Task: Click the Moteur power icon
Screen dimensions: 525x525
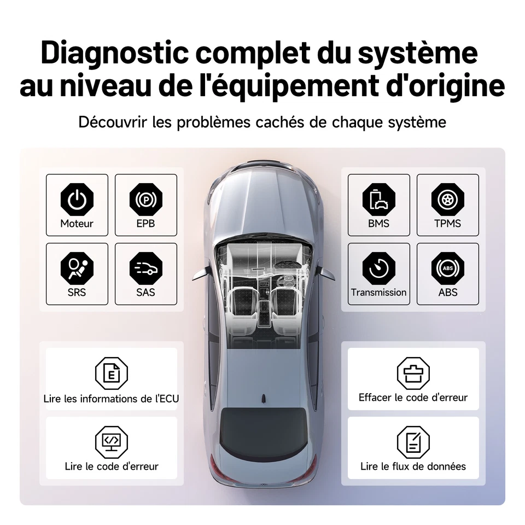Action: click(77, 199)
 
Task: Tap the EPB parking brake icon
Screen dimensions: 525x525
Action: click(146, 199)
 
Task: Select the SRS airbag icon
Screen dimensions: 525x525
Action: click(77, 268)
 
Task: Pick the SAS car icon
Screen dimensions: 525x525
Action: click(146, 268)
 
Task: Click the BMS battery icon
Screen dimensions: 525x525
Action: click(378, 199)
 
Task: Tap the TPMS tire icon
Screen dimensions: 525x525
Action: click(447, 199)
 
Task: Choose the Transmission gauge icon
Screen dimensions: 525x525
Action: click(378, 268)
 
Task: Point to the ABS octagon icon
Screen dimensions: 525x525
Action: click(447, 268)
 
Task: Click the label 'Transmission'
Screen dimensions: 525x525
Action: click(378, 293)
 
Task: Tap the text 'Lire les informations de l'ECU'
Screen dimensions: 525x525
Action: click(111, 399)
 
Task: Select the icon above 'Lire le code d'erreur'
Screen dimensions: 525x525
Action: click(111, 441)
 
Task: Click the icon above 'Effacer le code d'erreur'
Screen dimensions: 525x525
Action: click(413, 373)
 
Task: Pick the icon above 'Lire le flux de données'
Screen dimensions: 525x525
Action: click(413, 442)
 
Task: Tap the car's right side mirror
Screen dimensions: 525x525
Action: click(326, 272)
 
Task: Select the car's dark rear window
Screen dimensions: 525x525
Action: click(262, 432)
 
